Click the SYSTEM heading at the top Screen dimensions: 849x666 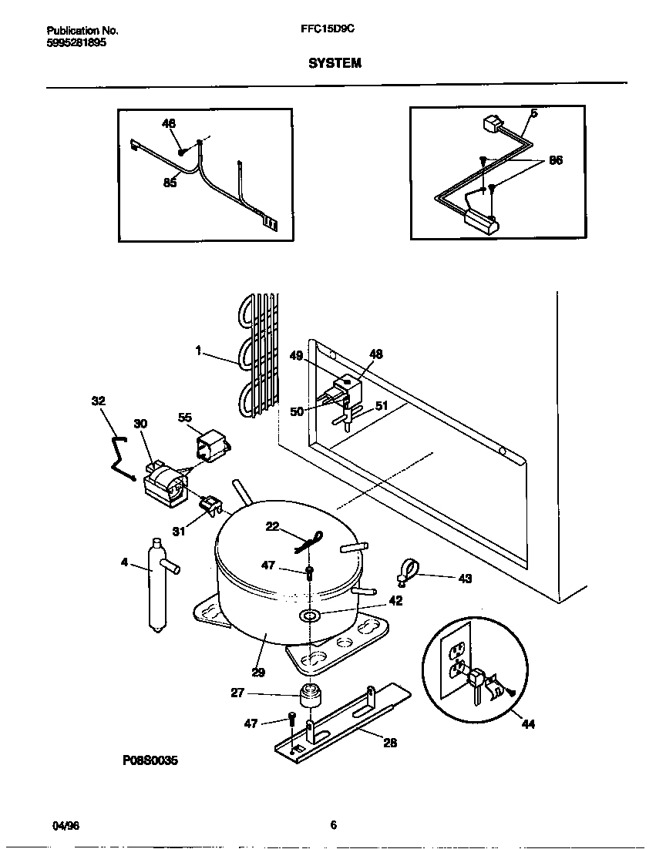coord(335,64)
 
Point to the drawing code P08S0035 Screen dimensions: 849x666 coord(150,760)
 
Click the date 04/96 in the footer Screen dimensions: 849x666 coord(66,825)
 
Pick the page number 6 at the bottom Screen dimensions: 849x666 coord(334,825)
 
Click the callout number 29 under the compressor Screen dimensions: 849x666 coord(257,672)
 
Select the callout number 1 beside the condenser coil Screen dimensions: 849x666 coord(198,351)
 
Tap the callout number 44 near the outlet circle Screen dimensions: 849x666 coord(527,724)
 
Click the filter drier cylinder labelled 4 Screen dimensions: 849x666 coord(156,586)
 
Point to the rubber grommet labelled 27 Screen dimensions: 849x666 coord(311,694)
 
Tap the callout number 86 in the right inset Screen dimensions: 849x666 coord(555,161)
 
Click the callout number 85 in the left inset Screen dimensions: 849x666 coord(170,183)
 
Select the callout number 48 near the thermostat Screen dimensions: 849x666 coord(376,354)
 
